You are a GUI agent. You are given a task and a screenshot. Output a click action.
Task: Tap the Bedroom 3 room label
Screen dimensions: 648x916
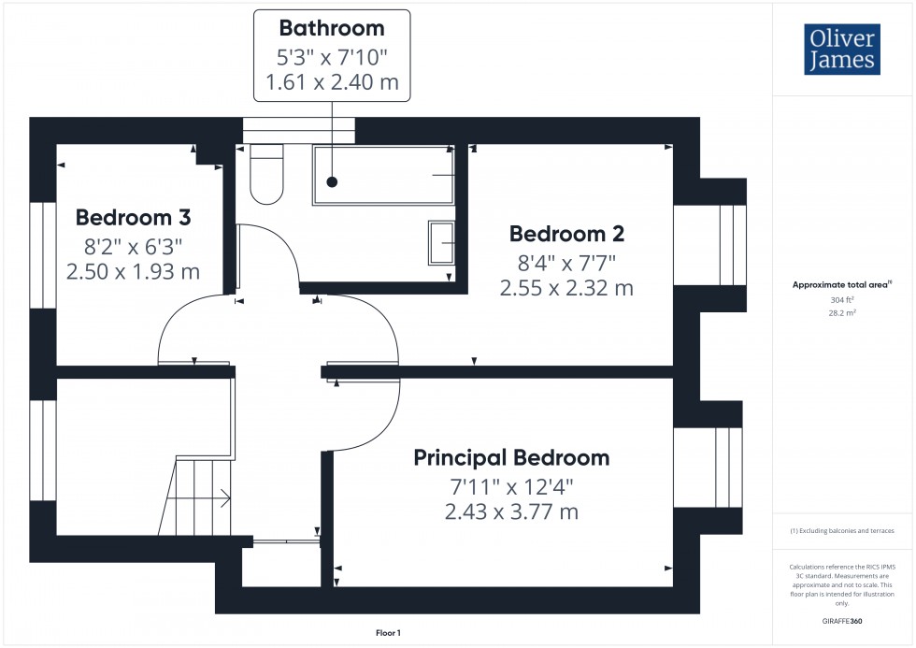pyautogui.click(x=133, y=218)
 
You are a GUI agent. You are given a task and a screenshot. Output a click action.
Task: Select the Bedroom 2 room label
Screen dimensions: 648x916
pyautogui.click(x=566, y=234)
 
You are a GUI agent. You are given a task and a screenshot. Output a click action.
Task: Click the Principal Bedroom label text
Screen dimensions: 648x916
pyautogui.click(x=511, y=457)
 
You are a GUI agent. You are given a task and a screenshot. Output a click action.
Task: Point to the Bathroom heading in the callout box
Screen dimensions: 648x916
pyautogui.click(x=332, y=28)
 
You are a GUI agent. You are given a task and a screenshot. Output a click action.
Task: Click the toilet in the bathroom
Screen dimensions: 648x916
pyautogui.click(x=266, y=175)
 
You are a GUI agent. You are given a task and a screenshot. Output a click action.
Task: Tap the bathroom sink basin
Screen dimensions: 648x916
pyautogui.click(x=440, y=243)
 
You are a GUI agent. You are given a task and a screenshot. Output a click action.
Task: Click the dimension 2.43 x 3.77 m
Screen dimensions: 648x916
pyautogui.click(x=511, y=512)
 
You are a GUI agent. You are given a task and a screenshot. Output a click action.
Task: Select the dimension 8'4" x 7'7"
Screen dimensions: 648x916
pyautogui.click(x=566, y=262)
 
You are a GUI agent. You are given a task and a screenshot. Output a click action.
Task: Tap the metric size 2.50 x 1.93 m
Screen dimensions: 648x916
pyautogui.click(x=133, y=272)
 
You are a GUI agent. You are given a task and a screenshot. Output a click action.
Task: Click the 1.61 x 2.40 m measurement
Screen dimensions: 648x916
pyautogui.click(x=332, y=82)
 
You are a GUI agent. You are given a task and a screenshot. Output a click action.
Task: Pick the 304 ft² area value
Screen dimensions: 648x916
pyautogui.click(x=843, y=300)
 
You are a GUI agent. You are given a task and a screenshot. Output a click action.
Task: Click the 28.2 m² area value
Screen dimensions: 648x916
pyautogui.click(x=843, y=313)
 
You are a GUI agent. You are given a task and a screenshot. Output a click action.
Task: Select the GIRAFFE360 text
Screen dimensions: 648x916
pyautogui.click(x=843, y=620)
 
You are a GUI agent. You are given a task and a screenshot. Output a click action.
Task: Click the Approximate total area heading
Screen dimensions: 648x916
pyautogui.click(x=841, y=284)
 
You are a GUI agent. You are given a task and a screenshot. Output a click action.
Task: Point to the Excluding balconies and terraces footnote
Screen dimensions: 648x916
pyautogui.click(x=842, y=530)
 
